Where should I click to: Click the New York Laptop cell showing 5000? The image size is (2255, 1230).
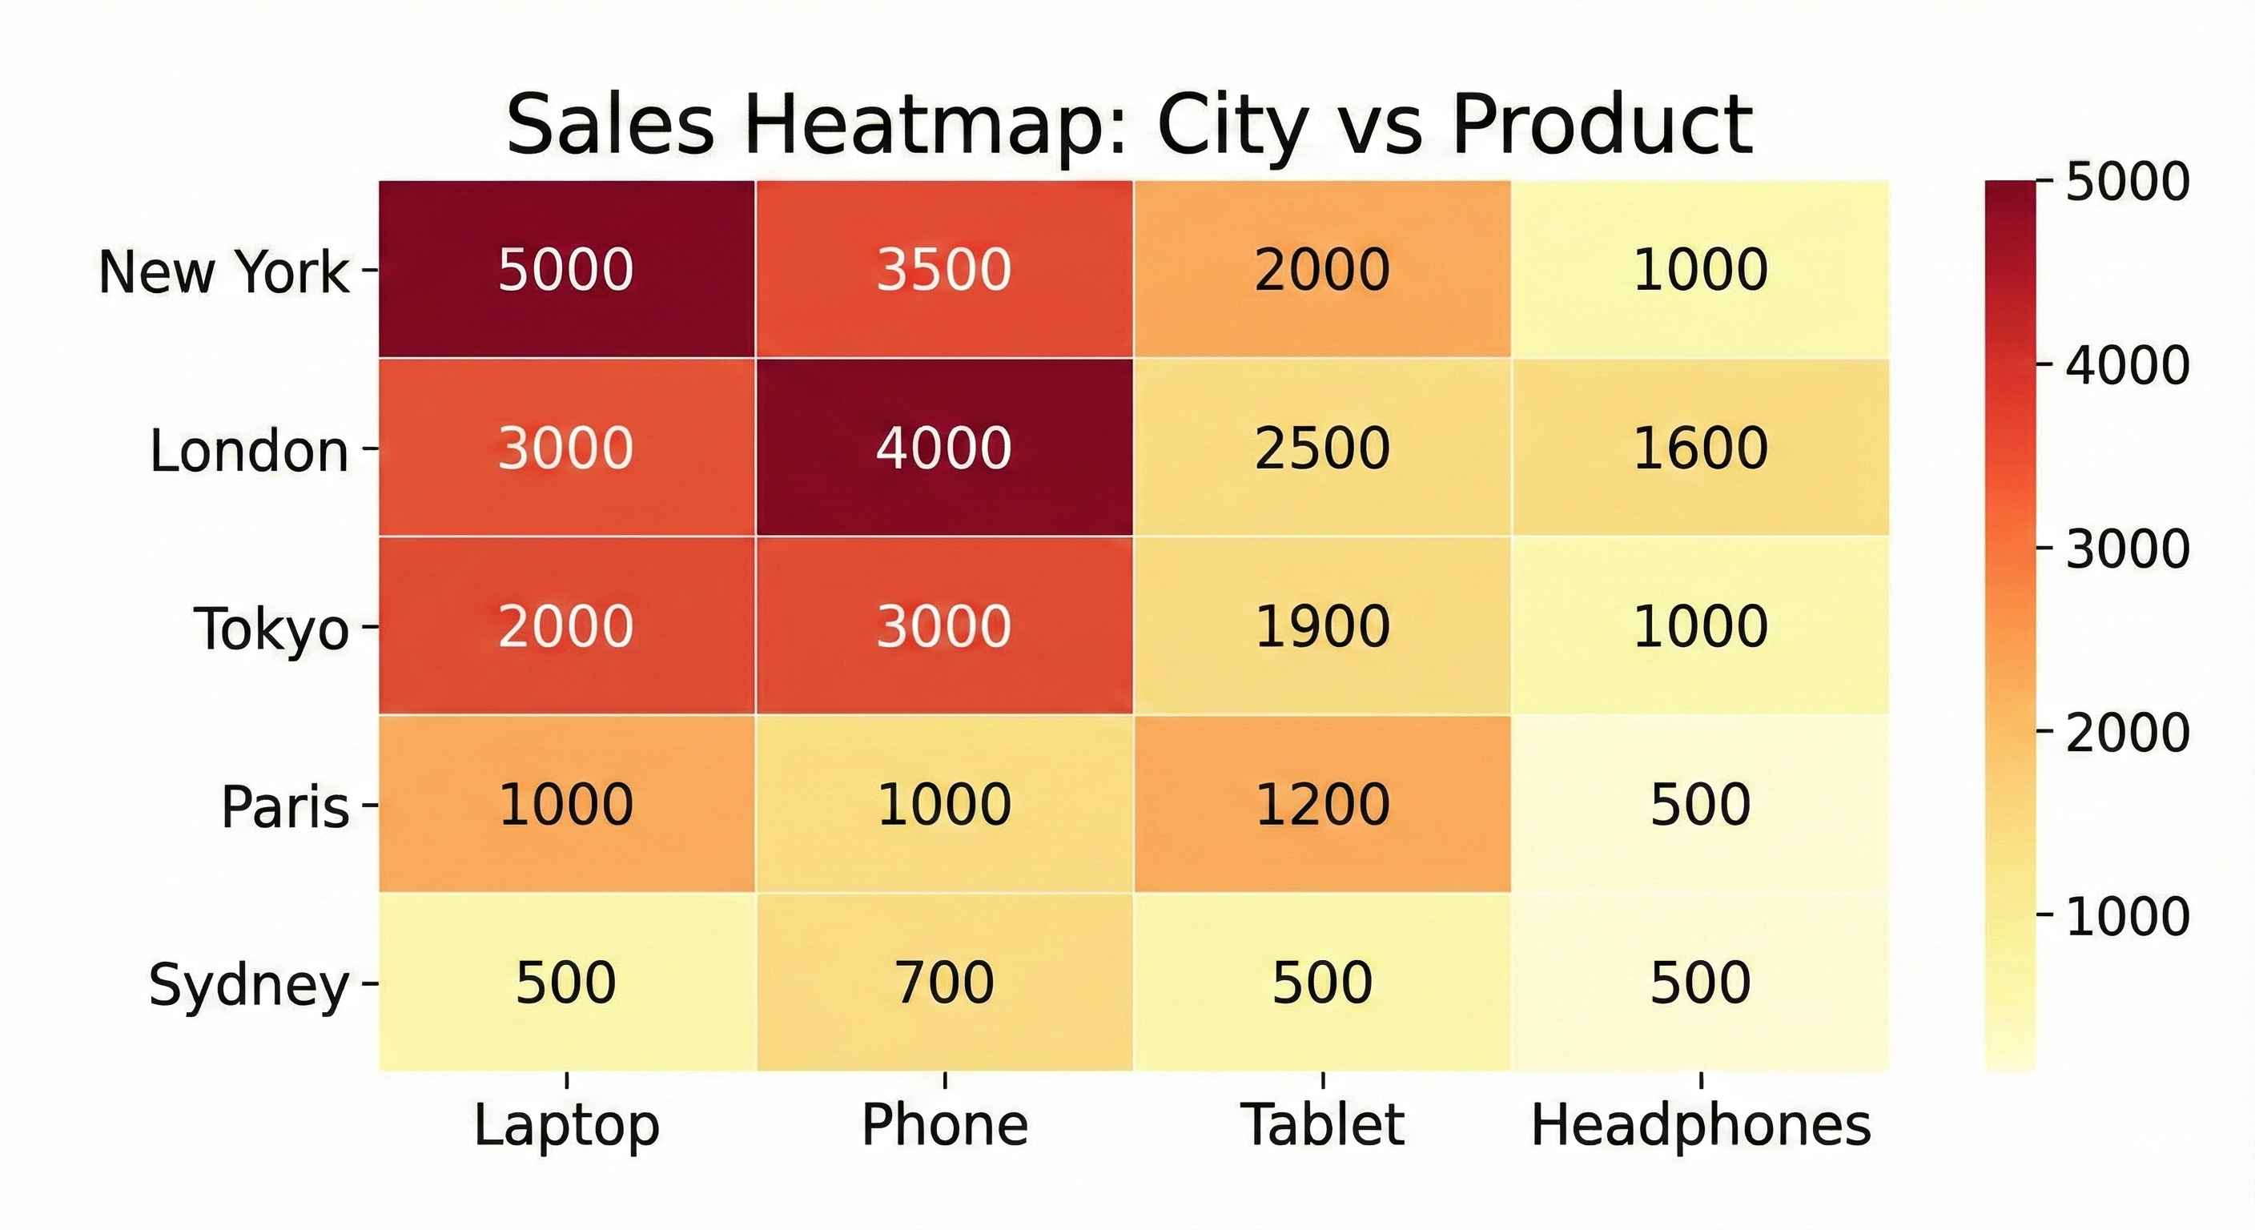click(566, 269)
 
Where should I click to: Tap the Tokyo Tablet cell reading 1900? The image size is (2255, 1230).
click(1322, 626)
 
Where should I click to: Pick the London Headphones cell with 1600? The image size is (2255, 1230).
click(1700, 448)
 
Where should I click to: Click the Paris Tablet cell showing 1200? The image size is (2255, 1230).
click(1322, 804)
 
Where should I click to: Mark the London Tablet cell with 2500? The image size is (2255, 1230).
click(1322, 448)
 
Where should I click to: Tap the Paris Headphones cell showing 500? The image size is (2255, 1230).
click(1700, 804)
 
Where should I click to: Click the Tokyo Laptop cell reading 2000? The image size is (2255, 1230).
click(566, 626)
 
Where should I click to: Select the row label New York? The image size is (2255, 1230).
click(224, 271)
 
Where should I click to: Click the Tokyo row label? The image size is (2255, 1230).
click(271, 629)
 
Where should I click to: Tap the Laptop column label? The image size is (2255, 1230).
click(566, 1125)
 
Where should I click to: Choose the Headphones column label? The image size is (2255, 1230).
click(1700, 1125)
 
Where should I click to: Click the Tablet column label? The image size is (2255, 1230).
click(1322, 1125)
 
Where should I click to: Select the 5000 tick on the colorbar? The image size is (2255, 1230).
click(2127, 182)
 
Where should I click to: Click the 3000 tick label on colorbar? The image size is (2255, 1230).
click(2127, 549)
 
